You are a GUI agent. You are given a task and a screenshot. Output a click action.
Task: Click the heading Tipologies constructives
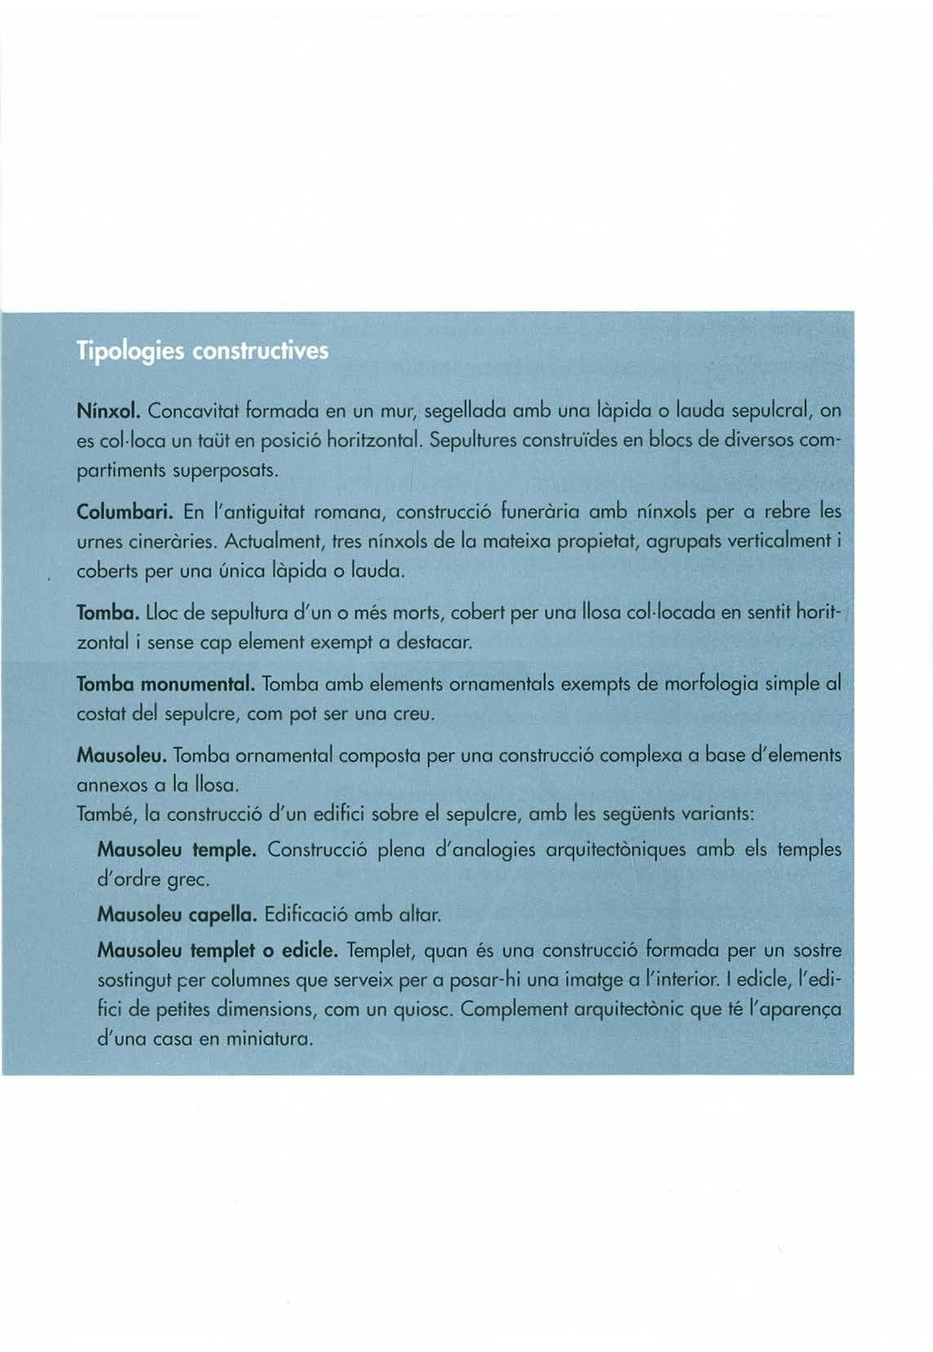(202, 351)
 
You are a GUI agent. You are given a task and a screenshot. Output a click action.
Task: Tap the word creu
(408, 714)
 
